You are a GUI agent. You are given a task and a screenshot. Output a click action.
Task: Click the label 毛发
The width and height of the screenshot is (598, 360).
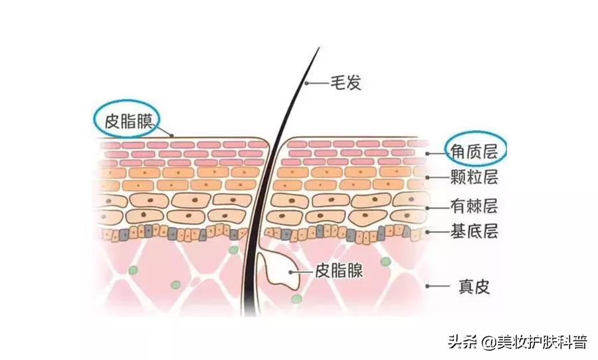(x=346, y=83)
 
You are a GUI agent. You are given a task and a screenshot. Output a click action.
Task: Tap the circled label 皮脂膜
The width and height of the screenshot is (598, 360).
(x=128, y=122)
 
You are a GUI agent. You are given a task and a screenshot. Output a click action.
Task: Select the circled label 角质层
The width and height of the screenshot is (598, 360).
(x=474, y=151)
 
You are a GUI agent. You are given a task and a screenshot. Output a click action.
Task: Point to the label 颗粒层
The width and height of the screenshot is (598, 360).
(x=474, y=177)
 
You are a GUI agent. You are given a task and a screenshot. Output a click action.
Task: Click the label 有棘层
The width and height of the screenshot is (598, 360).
(x=474, y=206)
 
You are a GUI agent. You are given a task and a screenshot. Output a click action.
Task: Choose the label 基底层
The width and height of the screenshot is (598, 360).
(x=474, y=231)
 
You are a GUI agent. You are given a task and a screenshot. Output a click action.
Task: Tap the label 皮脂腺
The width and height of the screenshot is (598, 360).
(x=339, y=272)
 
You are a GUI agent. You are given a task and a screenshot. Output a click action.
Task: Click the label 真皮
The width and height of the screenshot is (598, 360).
(x=474, y=286)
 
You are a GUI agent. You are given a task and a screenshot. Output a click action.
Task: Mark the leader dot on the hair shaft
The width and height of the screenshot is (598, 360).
(x=306, y=83)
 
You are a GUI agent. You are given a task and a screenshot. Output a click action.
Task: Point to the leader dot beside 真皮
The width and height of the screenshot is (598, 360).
(x=428, y=286)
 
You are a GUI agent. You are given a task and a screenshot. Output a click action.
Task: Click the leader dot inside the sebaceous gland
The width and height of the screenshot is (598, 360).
(x=290, y=272)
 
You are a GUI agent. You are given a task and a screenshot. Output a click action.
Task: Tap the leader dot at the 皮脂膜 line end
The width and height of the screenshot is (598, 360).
(x=172, y=135)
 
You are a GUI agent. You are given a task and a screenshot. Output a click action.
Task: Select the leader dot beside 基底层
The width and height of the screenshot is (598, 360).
(x=428, y=232)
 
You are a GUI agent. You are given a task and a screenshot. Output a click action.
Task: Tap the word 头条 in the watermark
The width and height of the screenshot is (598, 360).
(x=463, y=341)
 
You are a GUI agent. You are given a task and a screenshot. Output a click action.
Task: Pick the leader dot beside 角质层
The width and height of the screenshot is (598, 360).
(x=428, y=153)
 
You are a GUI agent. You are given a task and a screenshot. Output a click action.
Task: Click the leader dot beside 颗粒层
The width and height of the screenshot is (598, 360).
(x=428, y=178)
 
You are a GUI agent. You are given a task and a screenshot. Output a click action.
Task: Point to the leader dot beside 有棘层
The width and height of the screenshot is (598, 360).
(x=428, y=208)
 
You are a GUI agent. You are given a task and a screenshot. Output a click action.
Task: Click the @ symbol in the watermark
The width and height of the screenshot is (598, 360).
(x=488, y=342)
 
